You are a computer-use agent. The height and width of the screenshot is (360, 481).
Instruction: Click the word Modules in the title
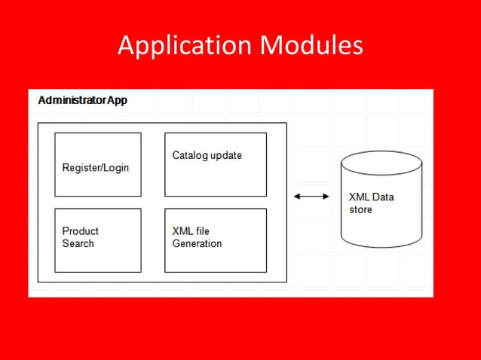point(311,47)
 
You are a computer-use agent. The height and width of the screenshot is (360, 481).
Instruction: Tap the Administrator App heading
point(83,100)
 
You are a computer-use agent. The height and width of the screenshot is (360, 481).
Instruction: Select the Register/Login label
point(95,167)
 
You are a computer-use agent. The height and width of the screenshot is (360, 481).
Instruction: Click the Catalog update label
point(207,155)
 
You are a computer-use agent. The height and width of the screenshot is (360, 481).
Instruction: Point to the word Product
point(80,230)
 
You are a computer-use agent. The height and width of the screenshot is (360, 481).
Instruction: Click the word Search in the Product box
point(78,243)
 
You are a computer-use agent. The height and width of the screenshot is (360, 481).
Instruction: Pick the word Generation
point(197,243)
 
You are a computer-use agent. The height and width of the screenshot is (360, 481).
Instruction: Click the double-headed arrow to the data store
point(311,197)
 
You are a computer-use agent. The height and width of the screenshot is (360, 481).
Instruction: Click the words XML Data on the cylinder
point(371,197)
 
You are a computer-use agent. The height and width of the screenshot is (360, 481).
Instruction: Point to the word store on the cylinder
point(360,209)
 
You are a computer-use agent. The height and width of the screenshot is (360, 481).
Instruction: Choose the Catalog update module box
point(215,179)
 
